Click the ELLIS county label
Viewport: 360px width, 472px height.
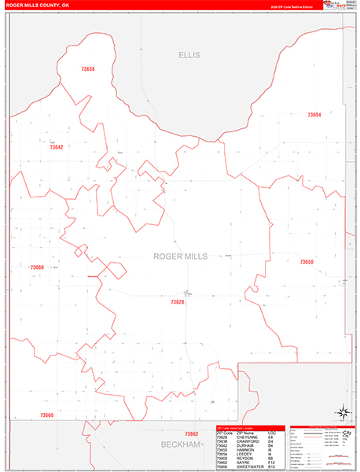(189, 55)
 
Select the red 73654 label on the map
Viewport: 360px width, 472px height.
(313, 115)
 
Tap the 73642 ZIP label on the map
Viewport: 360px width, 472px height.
(56, 147)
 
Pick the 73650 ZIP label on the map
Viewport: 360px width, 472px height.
(306, 262)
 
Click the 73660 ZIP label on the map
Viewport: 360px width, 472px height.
(37, 268)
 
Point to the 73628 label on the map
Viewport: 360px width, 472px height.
(177, 302)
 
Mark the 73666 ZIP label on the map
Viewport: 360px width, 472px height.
(46, 415)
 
